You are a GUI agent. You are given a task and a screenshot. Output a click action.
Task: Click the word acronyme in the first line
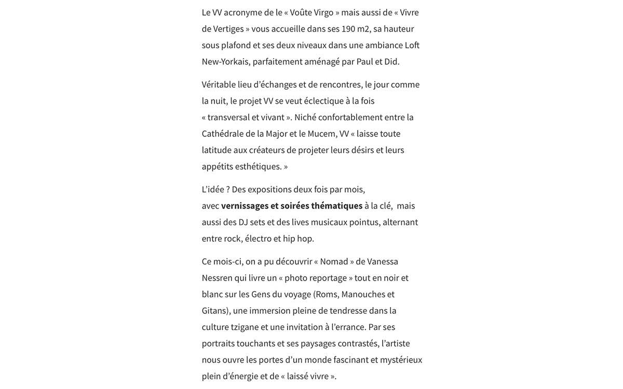point(242,12)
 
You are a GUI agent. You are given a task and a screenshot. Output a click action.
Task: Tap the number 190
point(348,29)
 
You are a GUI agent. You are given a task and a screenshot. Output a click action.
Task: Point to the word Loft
point(412,45)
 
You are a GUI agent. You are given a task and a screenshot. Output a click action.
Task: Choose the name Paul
point(365,62)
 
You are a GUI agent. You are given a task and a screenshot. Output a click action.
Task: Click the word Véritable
point(219,85)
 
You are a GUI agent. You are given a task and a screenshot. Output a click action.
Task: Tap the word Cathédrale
point(223,134)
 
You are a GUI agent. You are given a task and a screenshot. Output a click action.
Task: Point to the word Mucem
point(322,134)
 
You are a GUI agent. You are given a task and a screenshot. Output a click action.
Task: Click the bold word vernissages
point(245,206)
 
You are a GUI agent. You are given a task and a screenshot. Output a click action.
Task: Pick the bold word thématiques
point(337,206)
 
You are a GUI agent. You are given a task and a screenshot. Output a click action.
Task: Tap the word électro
point(258,239)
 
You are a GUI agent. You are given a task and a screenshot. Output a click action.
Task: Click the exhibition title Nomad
point(334,261)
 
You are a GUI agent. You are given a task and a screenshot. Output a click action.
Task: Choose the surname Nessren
point(217,278)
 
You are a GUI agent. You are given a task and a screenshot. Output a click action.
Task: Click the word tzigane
point(245,327)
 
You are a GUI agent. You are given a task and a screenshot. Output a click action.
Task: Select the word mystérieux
point(401,360)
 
